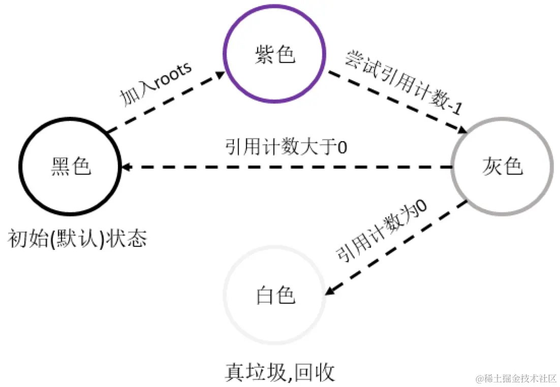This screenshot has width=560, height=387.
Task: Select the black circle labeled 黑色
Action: (71, 167)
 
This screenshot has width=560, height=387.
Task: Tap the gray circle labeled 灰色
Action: (502, 167)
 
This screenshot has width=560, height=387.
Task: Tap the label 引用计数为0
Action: (381, 231)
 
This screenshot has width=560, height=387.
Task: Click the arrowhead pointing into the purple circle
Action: (220, 75)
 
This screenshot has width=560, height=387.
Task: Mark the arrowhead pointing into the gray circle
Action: (463, 130)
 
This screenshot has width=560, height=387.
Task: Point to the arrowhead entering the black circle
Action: (126, 167)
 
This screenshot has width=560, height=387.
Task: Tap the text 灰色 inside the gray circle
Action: (502, 167)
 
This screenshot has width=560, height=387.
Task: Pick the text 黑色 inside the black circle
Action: (71, 167)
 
